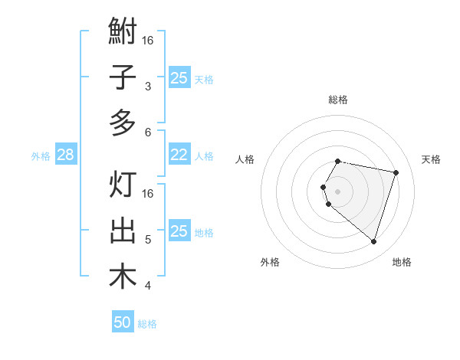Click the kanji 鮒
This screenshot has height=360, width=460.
(x=123, y=33)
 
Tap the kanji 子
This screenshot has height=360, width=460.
(x=123, y=77)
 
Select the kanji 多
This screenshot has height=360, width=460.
(x=123, y=123)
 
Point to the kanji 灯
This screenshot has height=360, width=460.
(x=123, y=185)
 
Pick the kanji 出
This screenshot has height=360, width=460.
(x=123, y=231)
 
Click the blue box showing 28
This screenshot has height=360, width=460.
(x=65, y=155)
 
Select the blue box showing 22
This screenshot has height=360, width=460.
(x=179, y=155)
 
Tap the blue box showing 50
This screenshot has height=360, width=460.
(x=123, y=322)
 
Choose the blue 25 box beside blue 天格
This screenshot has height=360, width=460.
(x=179, y=77)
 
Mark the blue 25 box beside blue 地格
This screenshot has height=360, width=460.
(x=179, y=231)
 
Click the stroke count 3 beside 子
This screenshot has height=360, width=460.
(x=148, y=87)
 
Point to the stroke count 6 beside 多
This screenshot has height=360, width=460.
(x=148, y=132)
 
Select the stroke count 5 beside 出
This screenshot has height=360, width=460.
(x=148, y=240)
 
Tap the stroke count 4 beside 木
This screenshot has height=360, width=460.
(x=148, y=286)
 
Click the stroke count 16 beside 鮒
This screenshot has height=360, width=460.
(x=148, y=40)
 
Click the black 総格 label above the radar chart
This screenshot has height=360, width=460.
(x=338, y=100)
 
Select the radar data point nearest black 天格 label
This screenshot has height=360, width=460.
(x=396, y=172)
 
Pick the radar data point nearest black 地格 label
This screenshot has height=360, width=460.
(x=373, y=241)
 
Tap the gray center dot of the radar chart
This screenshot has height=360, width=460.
(x=338, y=191)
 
